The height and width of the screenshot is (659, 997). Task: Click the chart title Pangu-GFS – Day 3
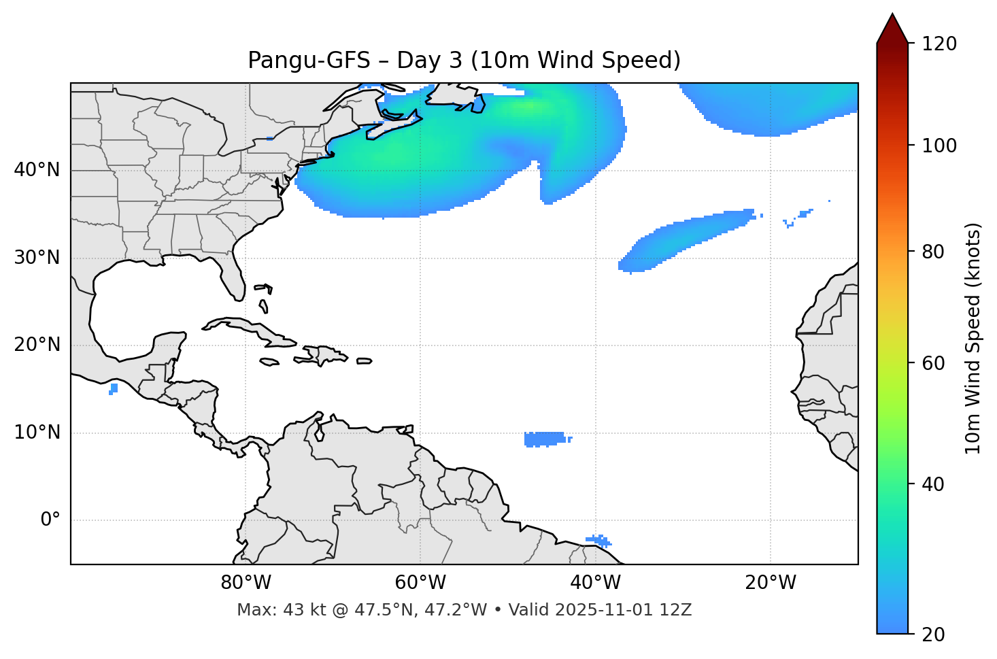click(464, 61)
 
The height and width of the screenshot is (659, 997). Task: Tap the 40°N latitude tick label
click(37, 170)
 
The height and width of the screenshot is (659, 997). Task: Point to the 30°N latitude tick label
click(37, 258)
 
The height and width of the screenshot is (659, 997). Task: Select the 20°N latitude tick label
click(37, 345)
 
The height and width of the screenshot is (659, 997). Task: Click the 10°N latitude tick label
click(37, 433)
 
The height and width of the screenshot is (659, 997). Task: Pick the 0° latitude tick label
click(50, 520)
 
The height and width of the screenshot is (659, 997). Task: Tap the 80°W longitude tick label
click(246, 583)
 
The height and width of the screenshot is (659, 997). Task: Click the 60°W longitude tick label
click(420, 583)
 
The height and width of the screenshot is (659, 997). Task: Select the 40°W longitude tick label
click(595, 583)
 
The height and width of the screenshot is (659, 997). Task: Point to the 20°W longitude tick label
click(770, 583)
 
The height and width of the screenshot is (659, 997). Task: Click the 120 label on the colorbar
click(939, 44)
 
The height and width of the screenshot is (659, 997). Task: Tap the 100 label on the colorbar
click(939, 146)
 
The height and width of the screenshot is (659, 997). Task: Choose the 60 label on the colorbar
click(932, 363)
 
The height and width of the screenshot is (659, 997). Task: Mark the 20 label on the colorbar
click(932, 635)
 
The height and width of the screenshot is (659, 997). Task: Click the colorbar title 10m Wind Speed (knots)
click(973, 339)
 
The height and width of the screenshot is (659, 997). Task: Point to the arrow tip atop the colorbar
click(892, 15)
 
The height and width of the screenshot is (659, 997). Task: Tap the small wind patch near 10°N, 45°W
click(545, 439)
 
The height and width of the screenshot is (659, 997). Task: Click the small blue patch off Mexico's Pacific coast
click(114, 388)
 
